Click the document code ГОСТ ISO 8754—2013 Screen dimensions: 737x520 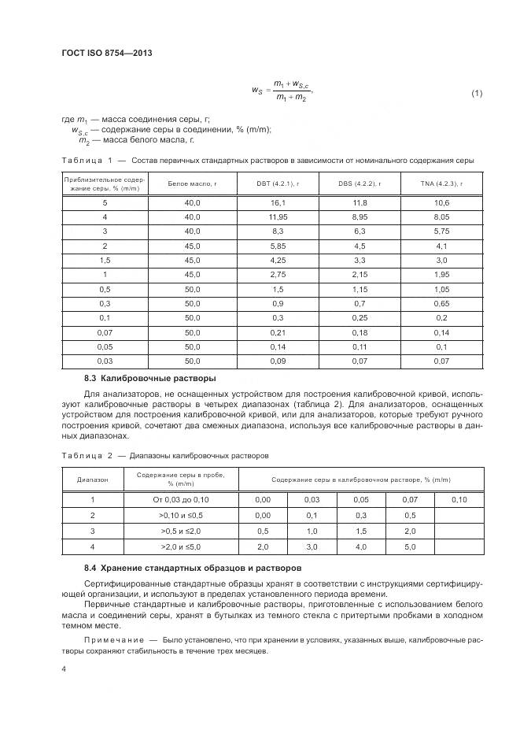click(107, 53)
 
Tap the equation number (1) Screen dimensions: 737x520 click(476, 94)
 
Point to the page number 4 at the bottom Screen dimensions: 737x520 click(63, 669)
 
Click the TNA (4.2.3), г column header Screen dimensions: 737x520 click(441, 184)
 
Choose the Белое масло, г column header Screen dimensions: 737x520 click(192, 184)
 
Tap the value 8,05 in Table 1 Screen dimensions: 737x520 click(441, 217)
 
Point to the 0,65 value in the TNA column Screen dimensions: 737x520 click(441, 302)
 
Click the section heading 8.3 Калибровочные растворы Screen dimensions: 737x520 click(149, 378)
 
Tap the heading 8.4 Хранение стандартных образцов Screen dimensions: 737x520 click(191, 567)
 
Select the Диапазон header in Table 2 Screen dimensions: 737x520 click(92, 480)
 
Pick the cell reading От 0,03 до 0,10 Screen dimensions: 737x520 click(182, 500)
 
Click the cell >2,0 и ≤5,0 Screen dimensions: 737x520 click(182, 546)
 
